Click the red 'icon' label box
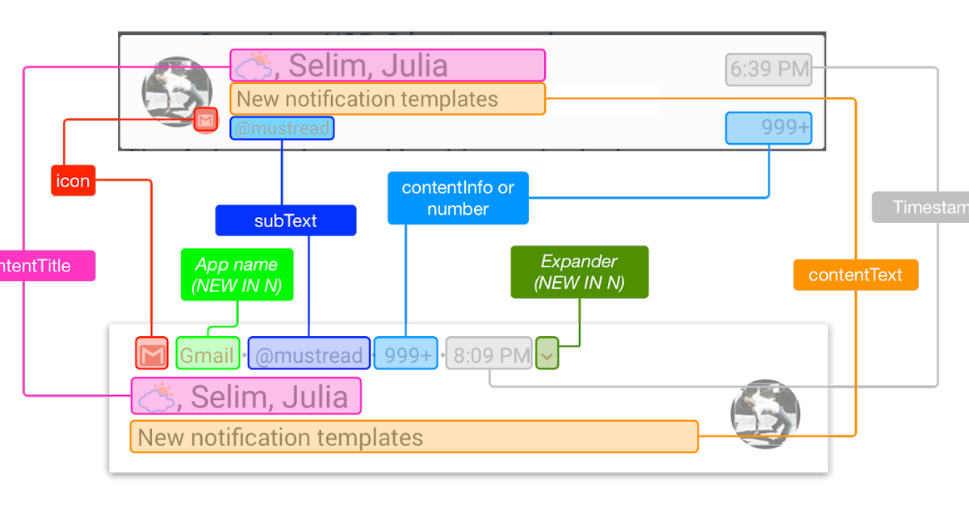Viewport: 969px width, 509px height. tap(73, 181)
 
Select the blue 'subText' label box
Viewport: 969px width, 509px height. tap(285, 221)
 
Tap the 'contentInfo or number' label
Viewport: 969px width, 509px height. tap(458, 198)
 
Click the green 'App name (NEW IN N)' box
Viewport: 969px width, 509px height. tap(237, 275)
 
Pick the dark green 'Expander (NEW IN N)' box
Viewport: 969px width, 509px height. tap(579, 272)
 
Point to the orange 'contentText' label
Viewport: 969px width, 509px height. tap(855, 275)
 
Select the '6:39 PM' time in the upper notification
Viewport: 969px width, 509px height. tap(769, 69)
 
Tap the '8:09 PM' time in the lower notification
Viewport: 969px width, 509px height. tap(489, 354)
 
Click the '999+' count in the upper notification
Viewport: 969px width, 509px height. tap(769, 128)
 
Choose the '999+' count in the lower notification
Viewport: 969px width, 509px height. tap(406, 354)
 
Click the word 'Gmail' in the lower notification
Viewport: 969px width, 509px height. tap(208, 354)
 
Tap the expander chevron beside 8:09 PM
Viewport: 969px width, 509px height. tap(547, 354)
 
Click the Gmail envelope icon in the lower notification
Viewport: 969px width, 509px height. tap(152, 354)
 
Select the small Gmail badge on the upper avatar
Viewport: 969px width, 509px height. tap(207, 120)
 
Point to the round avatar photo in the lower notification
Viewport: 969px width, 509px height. tap(765, 414)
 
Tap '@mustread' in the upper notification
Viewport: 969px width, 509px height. tap(282, 128)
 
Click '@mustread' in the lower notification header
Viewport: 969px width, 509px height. tap(309, 354)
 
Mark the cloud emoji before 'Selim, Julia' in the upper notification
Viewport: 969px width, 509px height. tap(254, 66)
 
